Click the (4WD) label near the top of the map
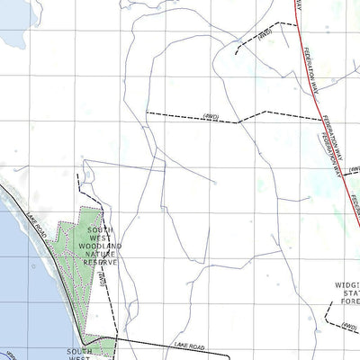pyautogui.click(x=264, y=35)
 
